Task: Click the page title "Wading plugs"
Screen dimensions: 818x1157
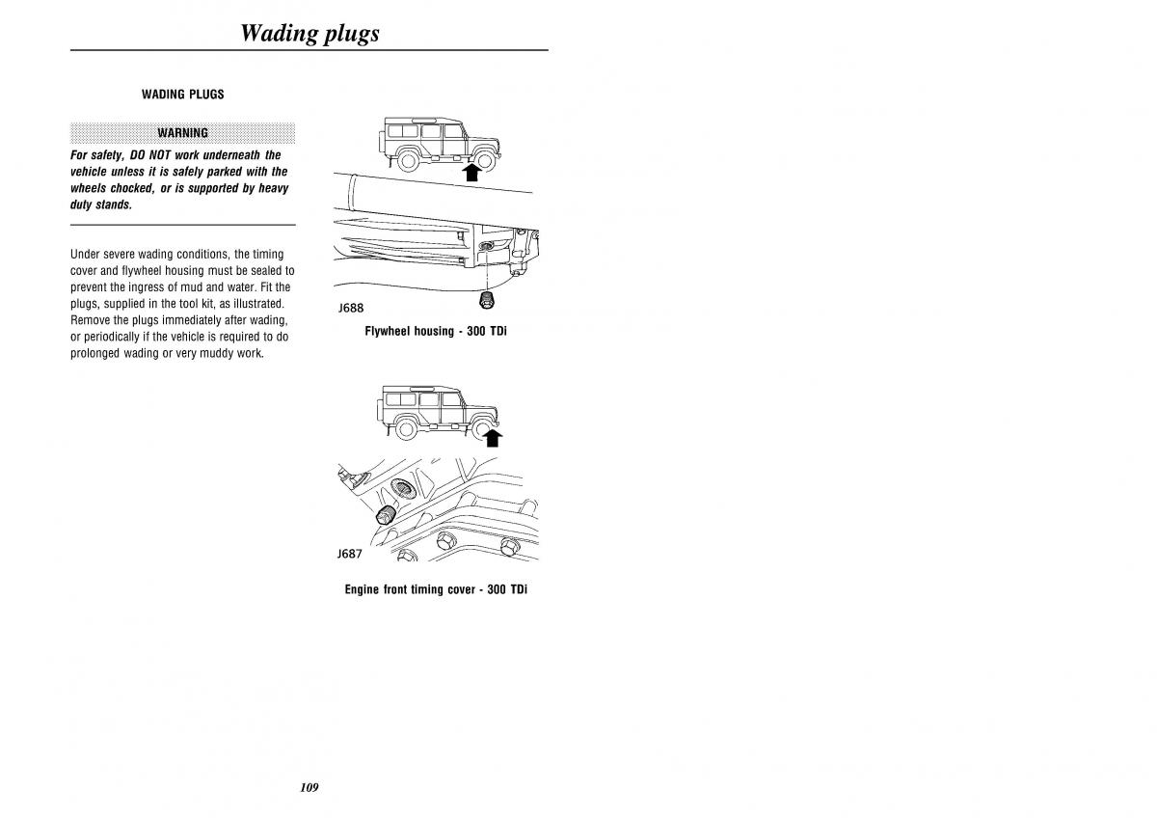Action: coord(309,33)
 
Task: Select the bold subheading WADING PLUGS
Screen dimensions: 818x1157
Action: coord(183,95)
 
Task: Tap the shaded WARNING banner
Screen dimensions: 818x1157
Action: coord(183,133)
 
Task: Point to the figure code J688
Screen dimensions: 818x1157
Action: coord(351,309)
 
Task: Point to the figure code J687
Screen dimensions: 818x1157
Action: coord(350,554)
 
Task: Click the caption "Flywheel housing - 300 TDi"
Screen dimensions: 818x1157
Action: coord(436,331)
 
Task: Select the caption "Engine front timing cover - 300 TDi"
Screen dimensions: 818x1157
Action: coord(436,589)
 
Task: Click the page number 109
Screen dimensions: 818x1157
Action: coord(309,787)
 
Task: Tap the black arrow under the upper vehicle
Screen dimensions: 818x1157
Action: coord(471,173)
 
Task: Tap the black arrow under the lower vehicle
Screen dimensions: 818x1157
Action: coord(492,438)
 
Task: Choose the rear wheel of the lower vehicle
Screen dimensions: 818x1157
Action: coord(409,427)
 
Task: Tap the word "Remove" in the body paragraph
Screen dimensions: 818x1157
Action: coord(90,319)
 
